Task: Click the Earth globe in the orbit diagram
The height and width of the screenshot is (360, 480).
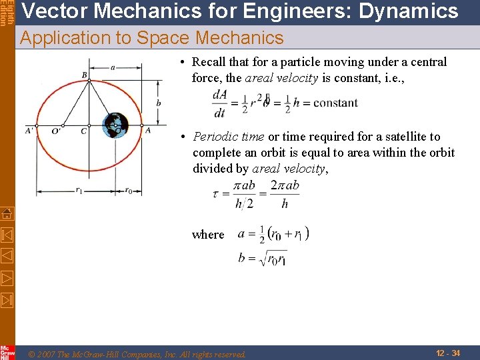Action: tap(116, 125)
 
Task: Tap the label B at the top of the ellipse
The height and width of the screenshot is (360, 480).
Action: tap(85, 75)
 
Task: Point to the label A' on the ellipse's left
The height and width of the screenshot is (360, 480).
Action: tap(30, 131)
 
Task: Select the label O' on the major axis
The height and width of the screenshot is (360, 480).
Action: tap(56, 131)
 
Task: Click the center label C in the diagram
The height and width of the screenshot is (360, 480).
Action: tap(83, 131)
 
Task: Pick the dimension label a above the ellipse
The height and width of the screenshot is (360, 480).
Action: tap(113, 67)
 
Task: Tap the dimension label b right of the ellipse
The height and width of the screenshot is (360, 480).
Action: tap(158, 103)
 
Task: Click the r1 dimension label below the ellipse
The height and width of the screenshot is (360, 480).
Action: tap(78, 190)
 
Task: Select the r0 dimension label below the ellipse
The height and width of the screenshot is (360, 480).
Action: tap(128, 190)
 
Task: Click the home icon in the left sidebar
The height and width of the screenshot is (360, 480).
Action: tap(7, 213)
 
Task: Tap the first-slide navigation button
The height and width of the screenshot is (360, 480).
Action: tap(7, 235)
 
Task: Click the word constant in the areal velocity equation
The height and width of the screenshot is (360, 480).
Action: tap(335, 103)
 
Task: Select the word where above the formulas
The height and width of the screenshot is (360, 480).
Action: tap(208, 235)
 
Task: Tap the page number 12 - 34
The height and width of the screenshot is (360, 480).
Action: tap(447, 353)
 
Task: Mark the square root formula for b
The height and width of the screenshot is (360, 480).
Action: tap(263, 258)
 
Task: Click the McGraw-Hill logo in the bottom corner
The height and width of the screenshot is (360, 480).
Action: tap(7, 352)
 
